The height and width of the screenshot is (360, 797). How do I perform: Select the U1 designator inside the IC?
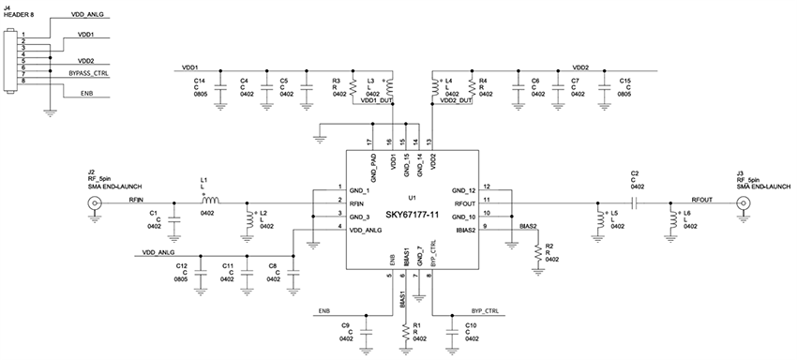[412, 198]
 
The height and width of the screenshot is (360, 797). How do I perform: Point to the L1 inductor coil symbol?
[210, 200]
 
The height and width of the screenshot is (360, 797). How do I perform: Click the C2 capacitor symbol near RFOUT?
[635, 202]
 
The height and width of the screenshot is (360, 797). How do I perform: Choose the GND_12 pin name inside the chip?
[464, 188]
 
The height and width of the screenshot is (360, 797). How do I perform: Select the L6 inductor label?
[687, 214]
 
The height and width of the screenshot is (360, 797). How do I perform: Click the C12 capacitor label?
[181, 265]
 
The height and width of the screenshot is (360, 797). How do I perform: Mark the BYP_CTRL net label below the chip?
[485, 309]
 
